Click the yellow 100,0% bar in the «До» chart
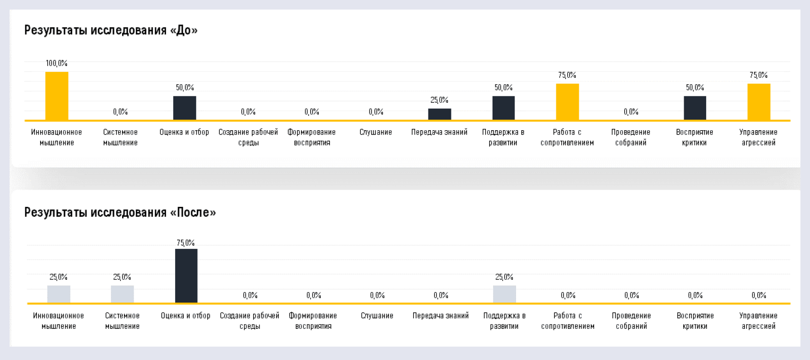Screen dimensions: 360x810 click(56, 96)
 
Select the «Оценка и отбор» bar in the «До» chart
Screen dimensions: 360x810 click(184, 108)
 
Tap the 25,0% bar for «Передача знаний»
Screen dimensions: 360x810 click(439, 114)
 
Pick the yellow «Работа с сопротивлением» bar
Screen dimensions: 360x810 click(567, 101)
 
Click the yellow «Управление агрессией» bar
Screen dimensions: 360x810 click(759, 101)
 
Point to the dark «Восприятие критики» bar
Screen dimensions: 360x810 click(695, 108)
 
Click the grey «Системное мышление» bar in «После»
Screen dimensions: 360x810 click(122, 294)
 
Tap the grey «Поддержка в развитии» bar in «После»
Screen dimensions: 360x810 click(505, 294)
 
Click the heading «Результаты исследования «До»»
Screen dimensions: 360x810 click(111, 30)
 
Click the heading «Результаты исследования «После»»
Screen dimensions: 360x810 click(120, 212)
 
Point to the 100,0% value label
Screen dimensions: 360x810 click(56, 63)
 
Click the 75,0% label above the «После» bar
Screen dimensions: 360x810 click(186, 243)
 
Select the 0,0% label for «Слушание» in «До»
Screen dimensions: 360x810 click(376, 112)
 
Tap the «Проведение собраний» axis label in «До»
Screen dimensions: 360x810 click(631, 137)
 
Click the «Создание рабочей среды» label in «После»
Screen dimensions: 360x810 click(249, 321)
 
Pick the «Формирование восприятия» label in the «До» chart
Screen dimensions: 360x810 click(312, 137)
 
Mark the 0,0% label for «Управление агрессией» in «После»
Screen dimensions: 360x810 click(759, 295)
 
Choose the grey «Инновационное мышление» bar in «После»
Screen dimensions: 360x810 click(58, 294)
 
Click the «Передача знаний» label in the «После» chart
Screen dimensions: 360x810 click(440, 315)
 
